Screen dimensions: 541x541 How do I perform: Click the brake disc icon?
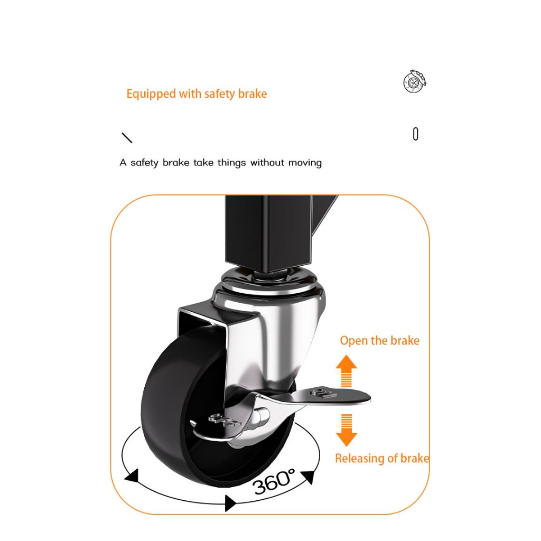[x=415, y=81]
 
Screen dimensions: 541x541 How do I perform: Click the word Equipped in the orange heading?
[x=151, y=94]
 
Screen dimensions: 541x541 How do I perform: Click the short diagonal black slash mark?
[x=127, y=138]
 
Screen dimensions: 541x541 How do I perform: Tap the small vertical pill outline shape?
[x=415, y=134]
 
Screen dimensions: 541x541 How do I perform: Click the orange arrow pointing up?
[x=347, y=370]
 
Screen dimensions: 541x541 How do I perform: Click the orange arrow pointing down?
[x=347, y=430]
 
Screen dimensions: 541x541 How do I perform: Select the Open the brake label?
[x=379, y=341]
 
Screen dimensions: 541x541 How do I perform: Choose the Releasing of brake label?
[x=383, y=458]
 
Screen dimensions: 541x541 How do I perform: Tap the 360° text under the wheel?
[x=274, y=481]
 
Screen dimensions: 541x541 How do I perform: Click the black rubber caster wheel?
[x=193, y=407]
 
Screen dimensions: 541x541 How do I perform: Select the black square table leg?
[x=269, y=231]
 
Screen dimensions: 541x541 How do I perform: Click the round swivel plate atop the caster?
[x=269, y=279]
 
